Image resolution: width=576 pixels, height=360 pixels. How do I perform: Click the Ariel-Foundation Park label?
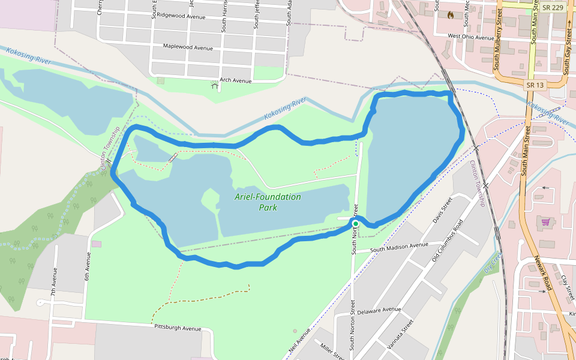(268, 202)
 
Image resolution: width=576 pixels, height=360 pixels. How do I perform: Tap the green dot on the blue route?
(355, 224)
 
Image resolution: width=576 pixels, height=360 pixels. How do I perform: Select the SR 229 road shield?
(551, 7)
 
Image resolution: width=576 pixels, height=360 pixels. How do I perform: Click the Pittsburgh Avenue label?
(178, 328)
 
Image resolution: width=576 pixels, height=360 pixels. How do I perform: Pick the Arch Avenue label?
(235, 80)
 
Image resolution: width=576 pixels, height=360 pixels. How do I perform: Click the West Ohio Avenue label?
(470, 37)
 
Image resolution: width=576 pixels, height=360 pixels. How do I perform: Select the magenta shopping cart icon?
(545, 222)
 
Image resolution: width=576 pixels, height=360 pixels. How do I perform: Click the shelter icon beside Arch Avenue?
(215, 86)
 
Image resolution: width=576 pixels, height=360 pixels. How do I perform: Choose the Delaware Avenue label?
(379, 311)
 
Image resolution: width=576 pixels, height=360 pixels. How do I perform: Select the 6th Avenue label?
(88, 266)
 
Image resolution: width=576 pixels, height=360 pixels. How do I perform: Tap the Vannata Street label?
(401, 334)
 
